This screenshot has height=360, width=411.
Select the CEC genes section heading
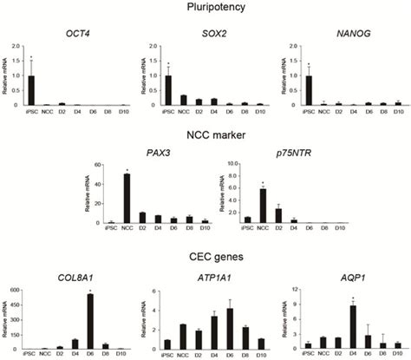(x=205, y=257)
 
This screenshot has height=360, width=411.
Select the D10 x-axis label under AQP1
(x=397, y=354)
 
